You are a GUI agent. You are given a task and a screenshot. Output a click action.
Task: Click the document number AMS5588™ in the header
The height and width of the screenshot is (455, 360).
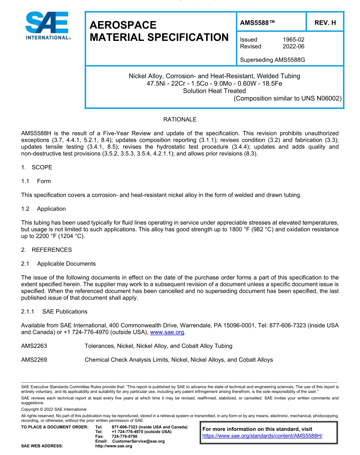[x=257, y=23]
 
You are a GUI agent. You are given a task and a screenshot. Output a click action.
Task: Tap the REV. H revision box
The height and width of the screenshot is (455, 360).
[x=325, y=23]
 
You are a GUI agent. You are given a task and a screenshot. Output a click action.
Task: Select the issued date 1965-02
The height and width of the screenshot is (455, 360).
[x=293, y=39]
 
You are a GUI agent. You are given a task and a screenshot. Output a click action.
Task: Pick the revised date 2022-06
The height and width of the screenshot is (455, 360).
[x=293, y=47]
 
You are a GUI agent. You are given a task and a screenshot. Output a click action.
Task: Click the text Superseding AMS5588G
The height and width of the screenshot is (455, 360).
[x=272, y=60]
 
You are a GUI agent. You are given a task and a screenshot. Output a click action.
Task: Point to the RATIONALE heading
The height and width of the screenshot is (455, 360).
[x=180, y=120]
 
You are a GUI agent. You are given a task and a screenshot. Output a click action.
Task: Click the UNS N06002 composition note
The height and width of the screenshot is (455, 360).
[x=288, y=98]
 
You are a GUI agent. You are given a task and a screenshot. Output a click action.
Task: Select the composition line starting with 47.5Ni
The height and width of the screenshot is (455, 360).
[x=214, y=83]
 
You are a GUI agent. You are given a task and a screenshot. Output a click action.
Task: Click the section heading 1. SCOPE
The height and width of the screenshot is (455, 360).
[x=37, y=167]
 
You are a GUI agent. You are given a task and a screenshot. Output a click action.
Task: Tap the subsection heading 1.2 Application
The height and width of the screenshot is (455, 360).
[x=43, y=209]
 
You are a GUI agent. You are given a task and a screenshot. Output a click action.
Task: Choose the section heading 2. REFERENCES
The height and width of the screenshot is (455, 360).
[x=46, y=250]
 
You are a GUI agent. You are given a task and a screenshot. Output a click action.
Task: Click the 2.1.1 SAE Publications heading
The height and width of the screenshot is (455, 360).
[x=54, y=312]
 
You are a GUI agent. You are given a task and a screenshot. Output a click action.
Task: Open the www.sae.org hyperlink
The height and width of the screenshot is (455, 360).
[x=167, y=332]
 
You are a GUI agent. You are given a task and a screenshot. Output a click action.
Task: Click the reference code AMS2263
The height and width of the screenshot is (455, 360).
[x=34, y=346]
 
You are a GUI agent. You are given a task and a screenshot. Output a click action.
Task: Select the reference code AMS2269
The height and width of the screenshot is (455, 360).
[x=34, y=360]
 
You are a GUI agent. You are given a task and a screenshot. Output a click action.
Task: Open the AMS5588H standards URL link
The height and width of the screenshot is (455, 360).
[x=262, y=436]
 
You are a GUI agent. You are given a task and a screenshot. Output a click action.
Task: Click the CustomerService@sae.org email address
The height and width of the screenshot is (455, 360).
[x=138, y=441]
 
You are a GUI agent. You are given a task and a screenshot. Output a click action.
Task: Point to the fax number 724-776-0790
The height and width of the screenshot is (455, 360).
[x=124, y=436]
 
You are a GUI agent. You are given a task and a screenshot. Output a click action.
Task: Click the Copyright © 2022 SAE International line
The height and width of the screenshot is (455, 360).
[x=54, y=409]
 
